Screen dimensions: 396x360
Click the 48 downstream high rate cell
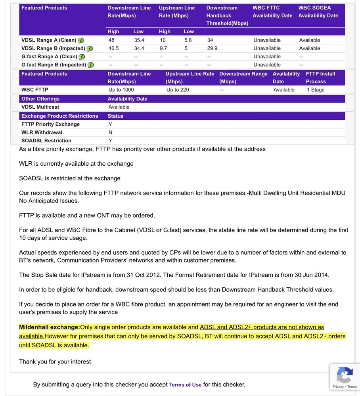(111, 40)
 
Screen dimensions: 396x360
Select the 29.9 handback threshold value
(212, 48)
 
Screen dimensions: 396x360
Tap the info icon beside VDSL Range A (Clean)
(81, 40)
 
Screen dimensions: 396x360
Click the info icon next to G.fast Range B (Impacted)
(90, 65)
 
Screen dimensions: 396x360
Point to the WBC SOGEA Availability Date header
(318, 11)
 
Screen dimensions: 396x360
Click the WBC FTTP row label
(34, 90)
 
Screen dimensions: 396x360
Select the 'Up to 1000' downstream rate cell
(121, 90)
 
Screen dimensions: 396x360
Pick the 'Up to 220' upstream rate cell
(178, 90)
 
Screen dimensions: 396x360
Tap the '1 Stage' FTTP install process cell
(316, 90)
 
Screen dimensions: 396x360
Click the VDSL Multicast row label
(40, 107)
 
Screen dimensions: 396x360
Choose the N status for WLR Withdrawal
(110, 132)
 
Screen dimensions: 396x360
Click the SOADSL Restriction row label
(46, 141)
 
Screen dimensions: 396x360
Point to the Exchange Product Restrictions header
(59, 116)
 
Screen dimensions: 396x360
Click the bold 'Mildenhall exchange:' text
(49, 327)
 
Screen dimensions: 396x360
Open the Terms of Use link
(185, 385)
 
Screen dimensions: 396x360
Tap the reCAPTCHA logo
(344, 374)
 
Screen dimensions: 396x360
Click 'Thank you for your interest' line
(55, 362)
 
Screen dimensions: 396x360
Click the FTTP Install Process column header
(320, 78)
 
